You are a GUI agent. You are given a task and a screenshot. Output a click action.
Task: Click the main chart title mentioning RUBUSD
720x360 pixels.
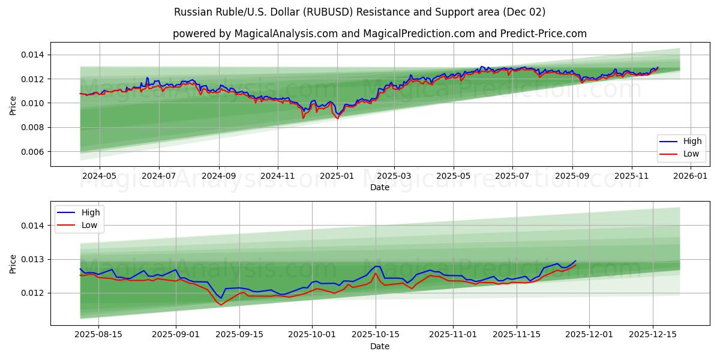click(x=359, y=12)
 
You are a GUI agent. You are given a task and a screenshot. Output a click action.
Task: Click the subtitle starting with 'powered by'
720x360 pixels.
click(x=379, y=34)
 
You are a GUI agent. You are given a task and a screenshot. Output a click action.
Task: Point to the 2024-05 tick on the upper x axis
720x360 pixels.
click(x=99, y=176)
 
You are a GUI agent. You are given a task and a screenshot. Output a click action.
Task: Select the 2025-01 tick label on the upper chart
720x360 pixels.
click(x=337, y=176)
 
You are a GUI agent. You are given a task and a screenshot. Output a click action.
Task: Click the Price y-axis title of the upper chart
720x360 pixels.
click(x=13, y=106)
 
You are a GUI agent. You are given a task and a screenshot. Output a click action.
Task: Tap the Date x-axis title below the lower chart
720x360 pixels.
click(x=379, y=346)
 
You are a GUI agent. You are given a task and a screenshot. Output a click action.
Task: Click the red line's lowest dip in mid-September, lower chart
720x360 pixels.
click(x=220, y=305)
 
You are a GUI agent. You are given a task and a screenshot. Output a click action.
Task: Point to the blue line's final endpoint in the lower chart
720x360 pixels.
click(x=575, y=261)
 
